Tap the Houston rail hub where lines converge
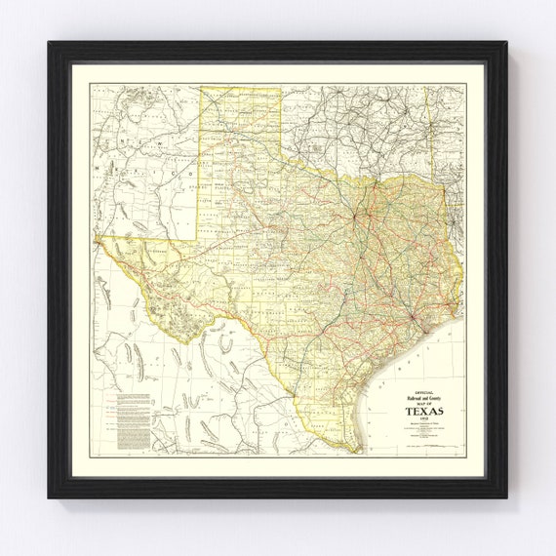click(417, 317)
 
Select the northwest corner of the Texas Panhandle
click(201, 89)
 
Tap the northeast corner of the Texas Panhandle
click(281, 89)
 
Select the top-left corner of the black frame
click(49, 42)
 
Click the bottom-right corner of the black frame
click(507, 498)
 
